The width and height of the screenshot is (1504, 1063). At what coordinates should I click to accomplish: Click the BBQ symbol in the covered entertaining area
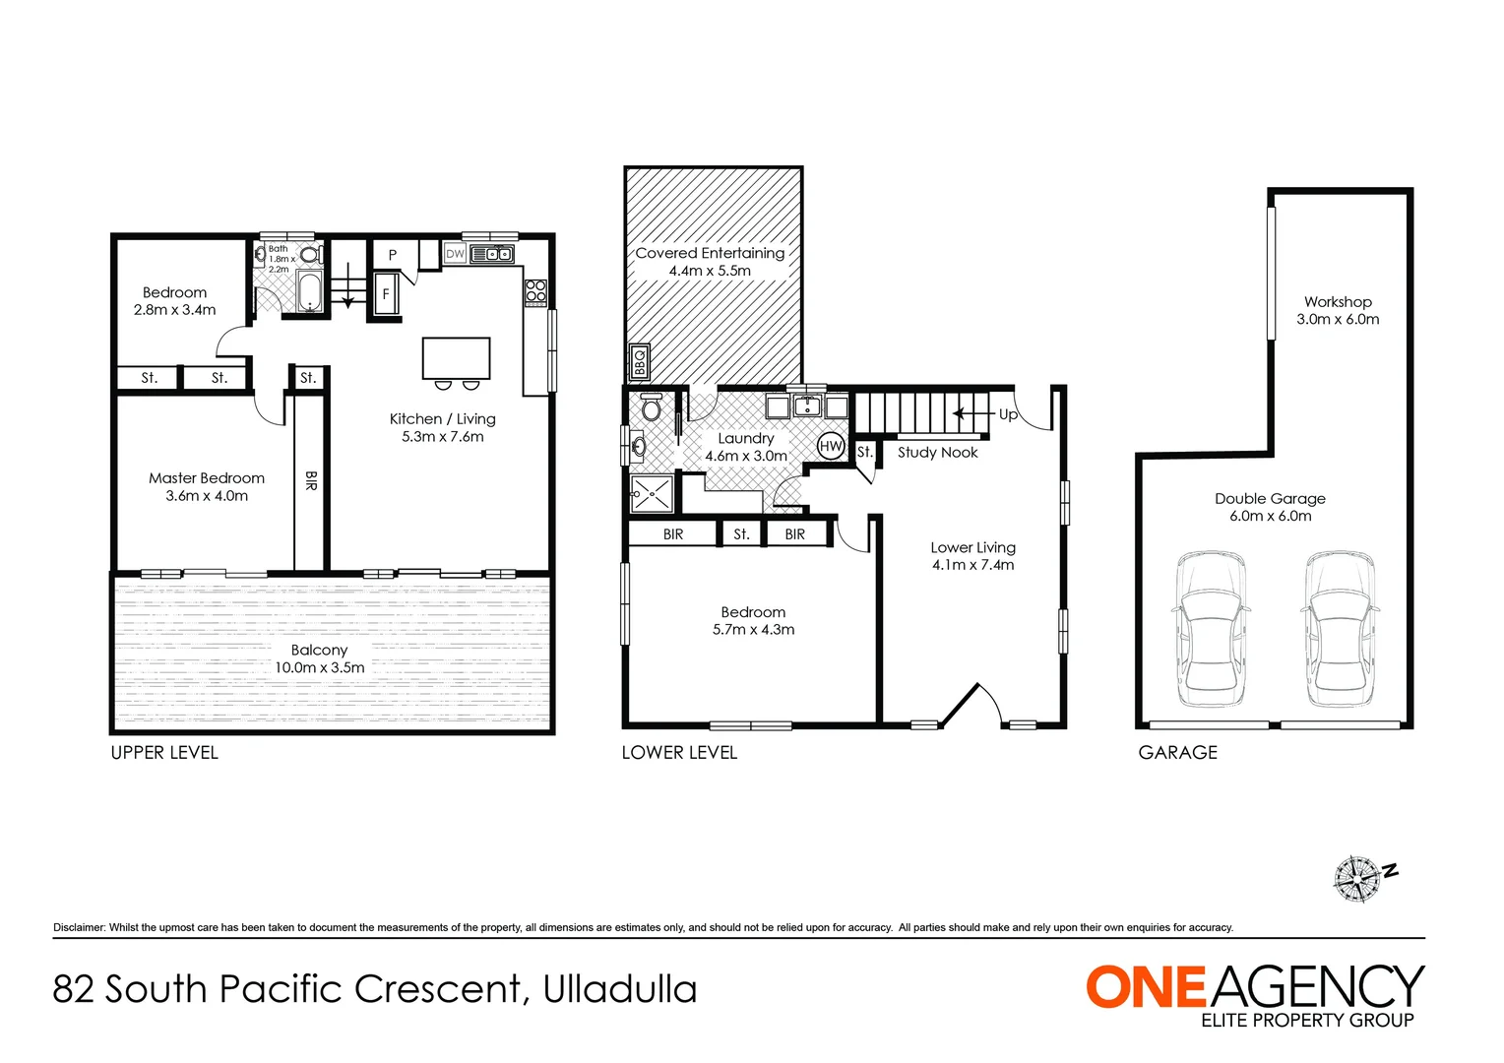click(639, 363)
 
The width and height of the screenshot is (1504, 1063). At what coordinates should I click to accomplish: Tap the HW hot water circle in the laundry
click(831, 446)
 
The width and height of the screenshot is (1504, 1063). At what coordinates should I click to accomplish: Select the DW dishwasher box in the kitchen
click(455, 254)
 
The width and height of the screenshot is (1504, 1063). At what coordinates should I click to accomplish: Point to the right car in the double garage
click(1339, 629)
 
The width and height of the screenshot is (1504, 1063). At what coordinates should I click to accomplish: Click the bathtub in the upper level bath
click(310, 292)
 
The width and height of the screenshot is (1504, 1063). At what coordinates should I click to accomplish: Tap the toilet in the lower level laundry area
click(651, 406)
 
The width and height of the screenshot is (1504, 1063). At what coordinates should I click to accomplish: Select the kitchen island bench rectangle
click(456, 358)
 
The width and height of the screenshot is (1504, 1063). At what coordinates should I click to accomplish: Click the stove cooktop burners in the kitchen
click(535, 291)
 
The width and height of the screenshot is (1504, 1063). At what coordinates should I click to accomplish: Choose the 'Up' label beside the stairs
click(1008, 414)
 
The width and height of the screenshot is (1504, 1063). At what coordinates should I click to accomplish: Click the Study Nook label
click(937, 453)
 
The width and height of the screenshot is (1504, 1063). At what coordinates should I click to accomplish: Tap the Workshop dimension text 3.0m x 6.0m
click(1338, 320)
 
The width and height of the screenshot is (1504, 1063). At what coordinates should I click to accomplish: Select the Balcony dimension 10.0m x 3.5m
click(319, 667)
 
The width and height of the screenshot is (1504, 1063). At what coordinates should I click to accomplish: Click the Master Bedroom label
click(207, 478)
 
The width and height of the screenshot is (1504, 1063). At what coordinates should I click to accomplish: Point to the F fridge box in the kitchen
click(386, 294)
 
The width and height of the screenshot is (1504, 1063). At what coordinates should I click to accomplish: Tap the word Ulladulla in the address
click(619, 989)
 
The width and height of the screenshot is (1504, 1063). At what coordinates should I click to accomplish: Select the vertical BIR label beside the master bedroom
click(310, 480)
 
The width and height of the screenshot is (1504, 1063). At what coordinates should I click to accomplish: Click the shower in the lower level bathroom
click(652, 493)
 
